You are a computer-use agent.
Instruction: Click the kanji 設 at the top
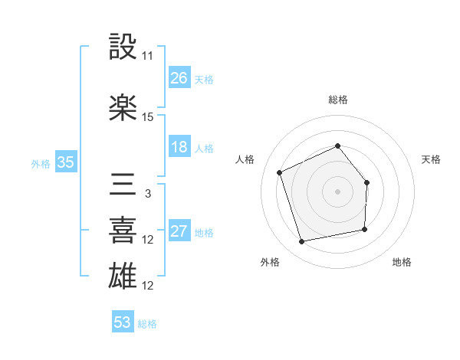click(x=123, y=47)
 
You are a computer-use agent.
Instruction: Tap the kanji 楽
click(x=123, y=107)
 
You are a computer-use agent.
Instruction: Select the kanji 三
click(x=123, y=184)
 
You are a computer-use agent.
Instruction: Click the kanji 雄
click(x=123, y=275)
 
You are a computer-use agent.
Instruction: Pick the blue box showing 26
click(x=179, y=78)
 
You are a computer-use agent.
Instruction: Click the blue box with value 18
click(x=179, y=148)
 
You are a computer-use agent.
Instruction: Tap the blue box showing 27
click(x=179, y=232)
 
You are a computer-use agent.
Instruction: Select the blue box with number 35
click(x=65, y=162)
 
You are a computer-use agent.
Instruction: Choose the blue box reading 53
click(x=123, y=322)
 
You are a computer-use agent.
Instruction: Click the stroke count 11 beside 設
click(x=148, y=56)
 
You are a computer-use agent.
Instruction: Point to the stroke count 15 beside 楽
click(x=148, y=117)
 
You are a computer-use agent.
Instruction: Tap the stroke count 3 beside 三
click(x=148, y=194)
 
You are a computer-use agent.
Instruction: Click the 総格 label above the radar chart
click(x=338, y=100)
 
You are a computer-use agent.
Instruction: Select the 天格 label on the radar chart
click(x=431, y=159)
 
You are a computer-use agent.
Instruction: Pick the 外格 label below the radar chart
click(x=269, y=262)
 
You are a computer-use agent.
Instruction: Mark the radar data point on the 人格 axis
click(x=280, y=172)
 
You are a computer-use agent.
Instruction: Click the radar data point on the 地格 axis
click(x=365, y=229)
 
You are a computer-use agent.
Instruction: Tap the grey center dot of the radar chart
click(x=337, y=191)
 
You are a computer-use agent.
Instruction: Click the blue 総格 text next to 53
click(x=147, y=324)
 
